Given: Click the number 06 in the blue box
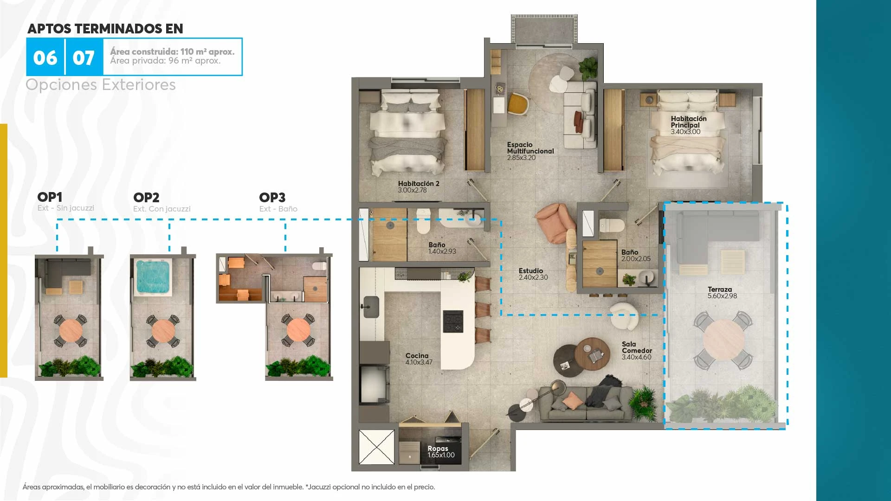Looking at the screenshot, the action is [x=45, y=58].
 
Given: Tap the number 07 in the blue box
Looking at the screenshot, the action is [x=84, y=58].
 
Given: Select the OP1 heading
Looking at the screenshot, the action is [x=50, y=197].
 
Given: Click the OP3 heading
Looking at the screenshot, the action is [x=272, y=198].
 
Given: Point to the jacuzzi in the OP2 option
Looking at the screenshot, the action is [x=153, y=277].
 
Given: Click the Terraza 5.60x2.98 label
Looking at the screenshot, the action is [x=722, y=293].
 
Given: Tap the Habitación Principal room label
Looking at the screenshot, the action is [x=689, y=125].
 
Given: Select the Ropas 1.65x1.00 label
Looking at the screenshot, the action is [x=441, y=452].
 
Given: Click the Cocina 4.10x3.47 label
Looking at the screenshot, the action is [x=419, y=359].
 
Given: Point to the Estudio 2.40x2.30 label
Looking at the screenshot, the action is [x=533, y=274].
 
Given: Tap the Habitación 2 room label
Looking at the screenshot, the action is [x=419, y=187].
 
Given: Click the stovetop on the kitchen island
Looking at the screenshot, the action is [x=453, y=321].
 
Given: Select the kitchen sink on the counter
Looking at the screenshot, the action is [x=371, y=307].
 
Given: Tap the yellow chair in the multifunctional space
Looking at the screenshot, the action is [x=518, y=104].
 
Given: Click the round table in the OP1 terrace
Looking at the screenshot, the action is [x=71, y=331].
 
